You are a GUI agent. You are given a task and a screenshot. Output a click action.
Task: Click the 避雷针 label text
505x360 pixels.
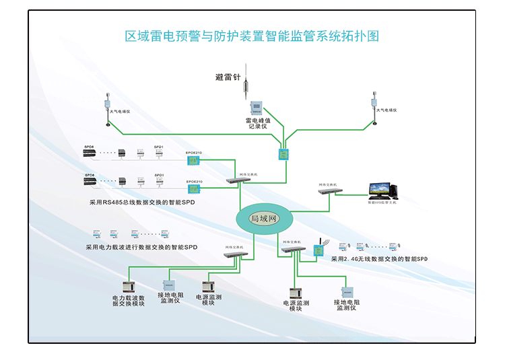tap(228, 77)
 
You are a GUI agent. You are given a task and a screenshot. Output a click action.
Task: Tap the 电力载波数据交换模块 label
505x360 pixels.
tap(128, 300)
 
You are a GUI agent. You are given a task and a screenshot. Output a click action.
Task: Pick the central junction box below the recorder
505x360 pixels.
tap(283, 154)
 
